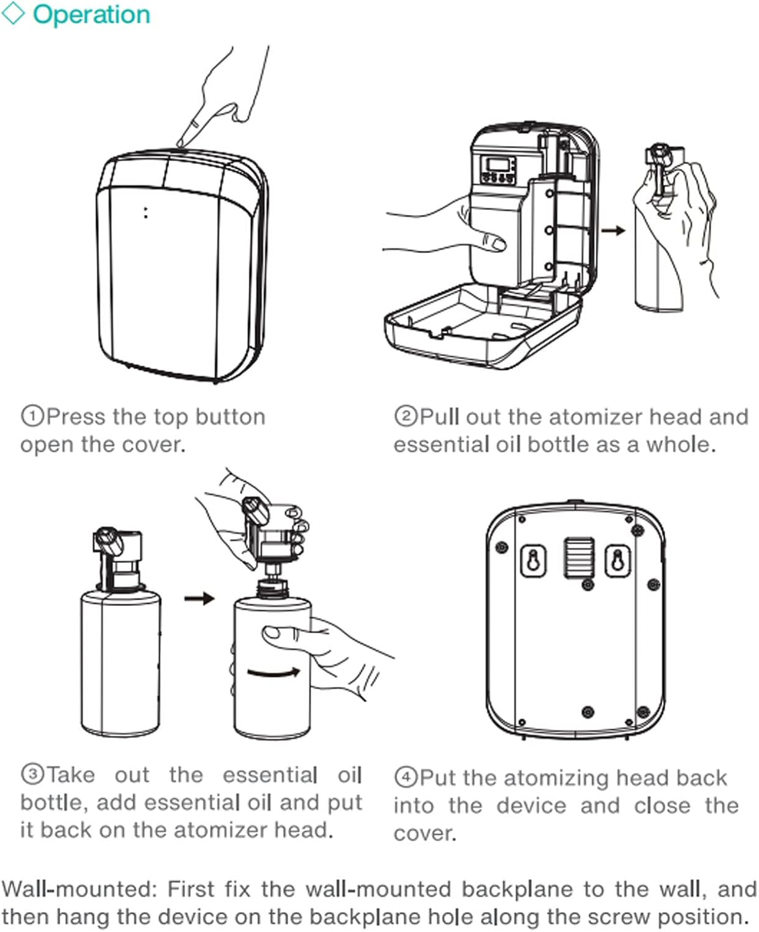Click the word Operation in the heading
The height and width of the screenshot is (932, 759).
[91, 15]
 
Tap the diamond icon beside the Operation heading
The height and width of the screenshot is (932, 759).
[13, 14]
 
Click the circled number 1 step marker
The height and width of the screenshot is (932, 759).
[32, 416]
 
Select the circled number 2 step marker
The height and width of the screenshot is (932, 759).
[405, 416]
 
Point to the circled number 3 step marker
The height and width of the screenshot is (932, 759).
[32, 775]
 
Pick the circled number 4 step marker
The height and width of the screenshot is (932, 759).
[405, 777]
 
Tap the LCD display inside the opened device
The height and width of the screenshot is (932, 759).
[499, 165]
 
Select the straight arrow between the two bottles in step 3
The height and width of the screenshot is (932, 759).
[199, 598]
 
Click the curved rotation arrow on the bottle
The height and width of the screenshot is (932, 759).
[273, 672]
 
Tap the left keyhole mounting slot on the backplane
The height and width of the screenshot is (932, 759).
[533, 560]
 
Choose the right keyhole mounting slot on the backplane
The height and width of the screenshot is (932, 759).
[617, 560]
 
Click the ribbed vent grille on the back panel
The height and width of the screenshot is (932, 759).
[578, 557]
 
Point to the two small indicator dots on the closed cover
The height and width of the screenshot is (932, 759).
[146, 212]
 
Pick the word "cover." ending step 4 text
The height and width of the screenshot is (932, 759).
[425, 833]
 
